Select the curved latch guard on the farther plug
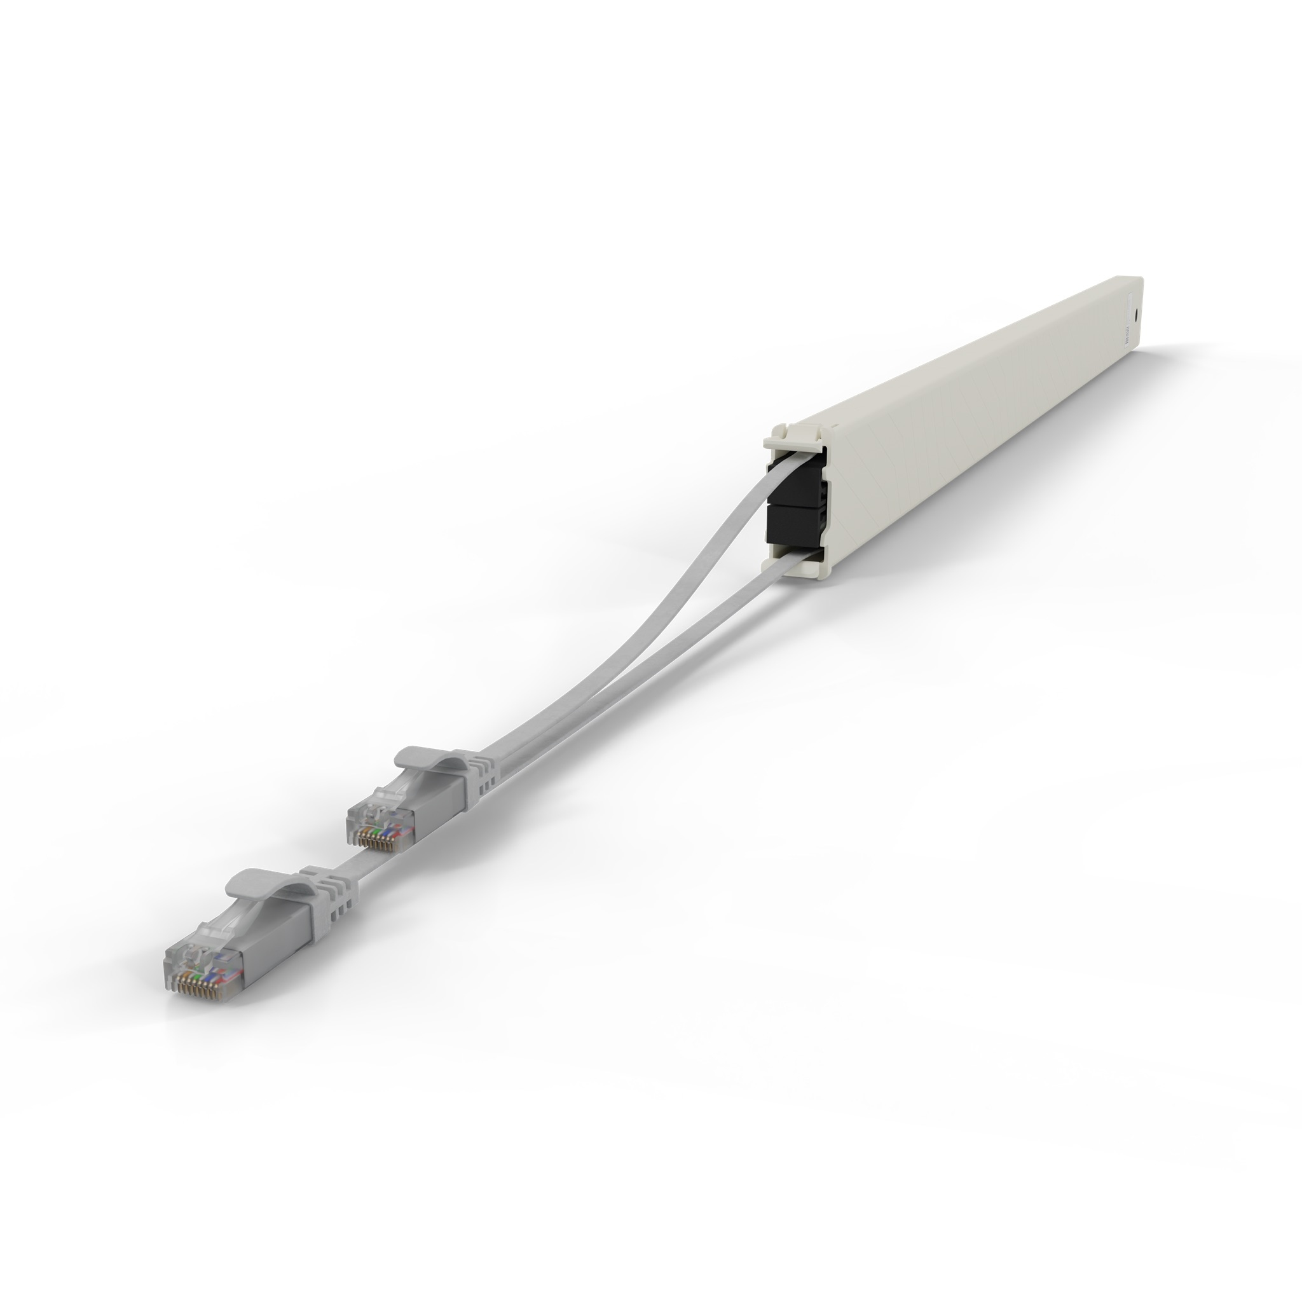[432, 759]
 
